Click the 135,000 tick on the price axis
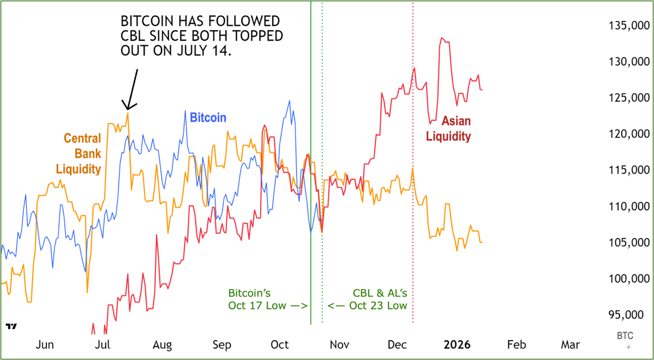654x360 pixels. [628, 26]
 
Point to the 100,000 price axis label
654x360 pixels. [628, 279]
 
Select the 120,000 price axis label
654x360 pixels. [628, 134]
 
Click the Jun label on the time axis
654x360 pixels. [45, 345]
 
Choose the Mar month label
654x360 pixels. [570, 345]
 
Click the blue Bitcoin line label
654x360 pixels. [208, 118]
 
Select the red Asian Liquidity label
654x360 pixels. [448, 129]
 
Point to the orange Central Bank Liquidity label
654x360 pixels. [78, 154]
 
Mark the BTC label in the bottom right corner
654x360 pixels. [625, 336]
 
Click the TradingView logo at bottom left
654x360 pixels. [11, 326]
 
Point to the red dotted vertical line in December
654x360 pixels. [413, 228]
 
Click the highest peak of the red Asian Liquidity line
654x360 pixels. [441, 38]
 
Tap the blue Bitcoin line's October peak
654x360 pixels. [289, 101]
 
